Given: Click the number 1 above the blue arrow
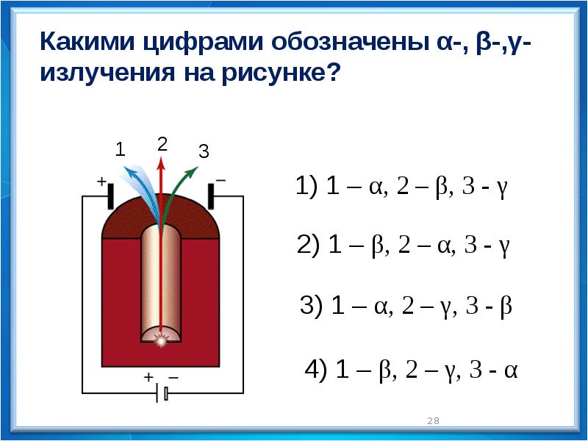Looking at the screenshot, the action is coord(120,150).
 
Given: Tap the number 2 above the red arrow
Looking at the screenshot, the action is coord(162,144).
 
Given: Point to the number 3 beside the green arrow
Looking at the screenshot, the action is coord(204,152).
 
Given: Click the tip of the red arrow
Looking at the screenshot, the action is coord(161,157).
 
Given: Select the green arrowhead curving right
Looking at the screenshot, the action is coord(193,171).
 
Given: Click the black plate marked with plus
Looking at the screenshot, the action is coord(111,196).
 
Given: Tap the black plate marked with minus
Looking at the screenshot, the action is coord(211,196).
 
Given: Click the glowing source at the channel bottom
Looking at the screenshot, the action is coord(161,340).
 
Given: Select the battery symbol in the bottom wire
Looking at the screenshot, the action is coord(162,393).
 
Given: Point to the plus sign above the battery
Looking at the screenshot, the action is coord(149,376).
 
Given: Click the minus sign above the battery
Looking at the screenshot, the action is coord(173,377).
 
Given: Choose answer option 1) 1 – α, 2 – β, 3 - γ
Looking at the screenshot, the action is coord(401,186).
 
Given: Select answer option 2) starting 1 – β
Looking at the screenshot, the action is coord(403,245).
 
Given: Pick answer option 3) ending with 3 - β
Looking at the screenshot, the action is coord(406,306).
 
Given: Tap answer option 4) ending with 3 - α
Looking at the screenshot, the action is coord(411,370).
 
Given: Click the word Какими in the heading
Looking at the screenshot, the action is coord(87,41).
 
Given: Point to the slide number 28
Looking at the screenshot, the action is coord(433,420).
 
